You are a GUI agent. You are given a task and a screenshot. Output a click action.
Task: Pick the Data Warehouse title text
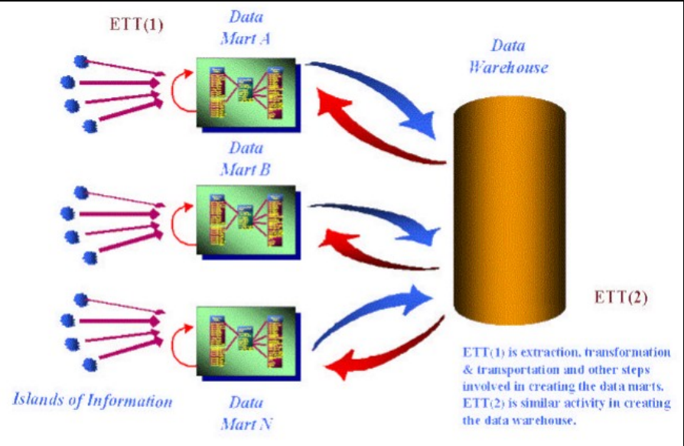pos(507,56)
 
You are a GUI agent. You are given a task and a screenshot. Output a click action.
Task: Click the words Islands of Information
pos(92,399)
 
